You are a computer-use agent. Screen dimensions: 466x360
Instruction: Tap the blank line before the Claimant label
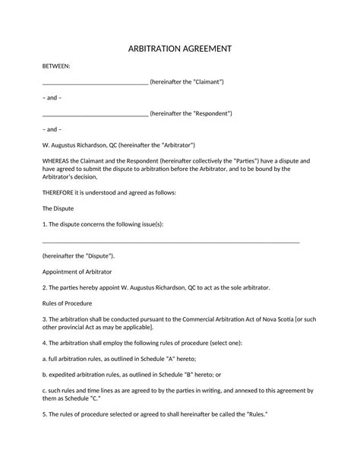[95, 82]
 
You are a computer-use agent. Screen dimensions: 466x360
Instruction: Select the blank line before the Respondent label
[95, 114]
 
